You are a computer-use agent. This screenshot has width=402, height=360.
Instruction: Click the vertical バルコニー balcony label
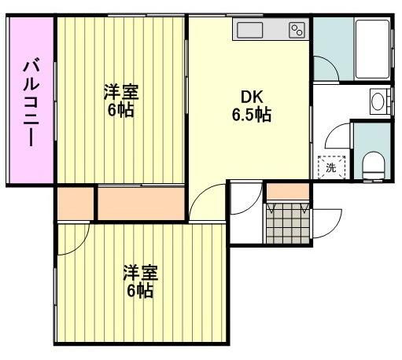click(30, 101)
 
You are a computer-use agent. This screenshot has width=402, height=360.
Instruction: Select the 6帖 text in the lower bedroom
click(140, 292)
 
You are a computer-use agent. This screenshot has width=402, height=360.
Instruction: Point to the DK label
click(251, 97)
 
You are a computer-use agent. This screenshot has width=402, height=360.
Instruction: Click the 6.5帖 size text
click(251, 116)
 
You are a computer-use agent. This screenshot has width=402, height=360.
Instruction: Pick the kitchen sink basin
click(251, 31)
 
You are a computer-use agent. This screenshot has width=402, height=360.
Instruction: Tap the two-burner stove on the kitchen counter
click(297, 31)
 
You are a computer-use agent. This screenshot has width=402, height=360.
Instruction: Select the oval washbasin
click(378, 101)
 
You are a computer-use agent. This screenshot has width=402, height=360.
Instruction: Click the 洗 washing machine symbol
click(330, 167)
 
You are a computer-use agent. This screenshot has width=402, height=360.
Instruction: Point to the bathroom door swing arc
click(329, 66)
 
